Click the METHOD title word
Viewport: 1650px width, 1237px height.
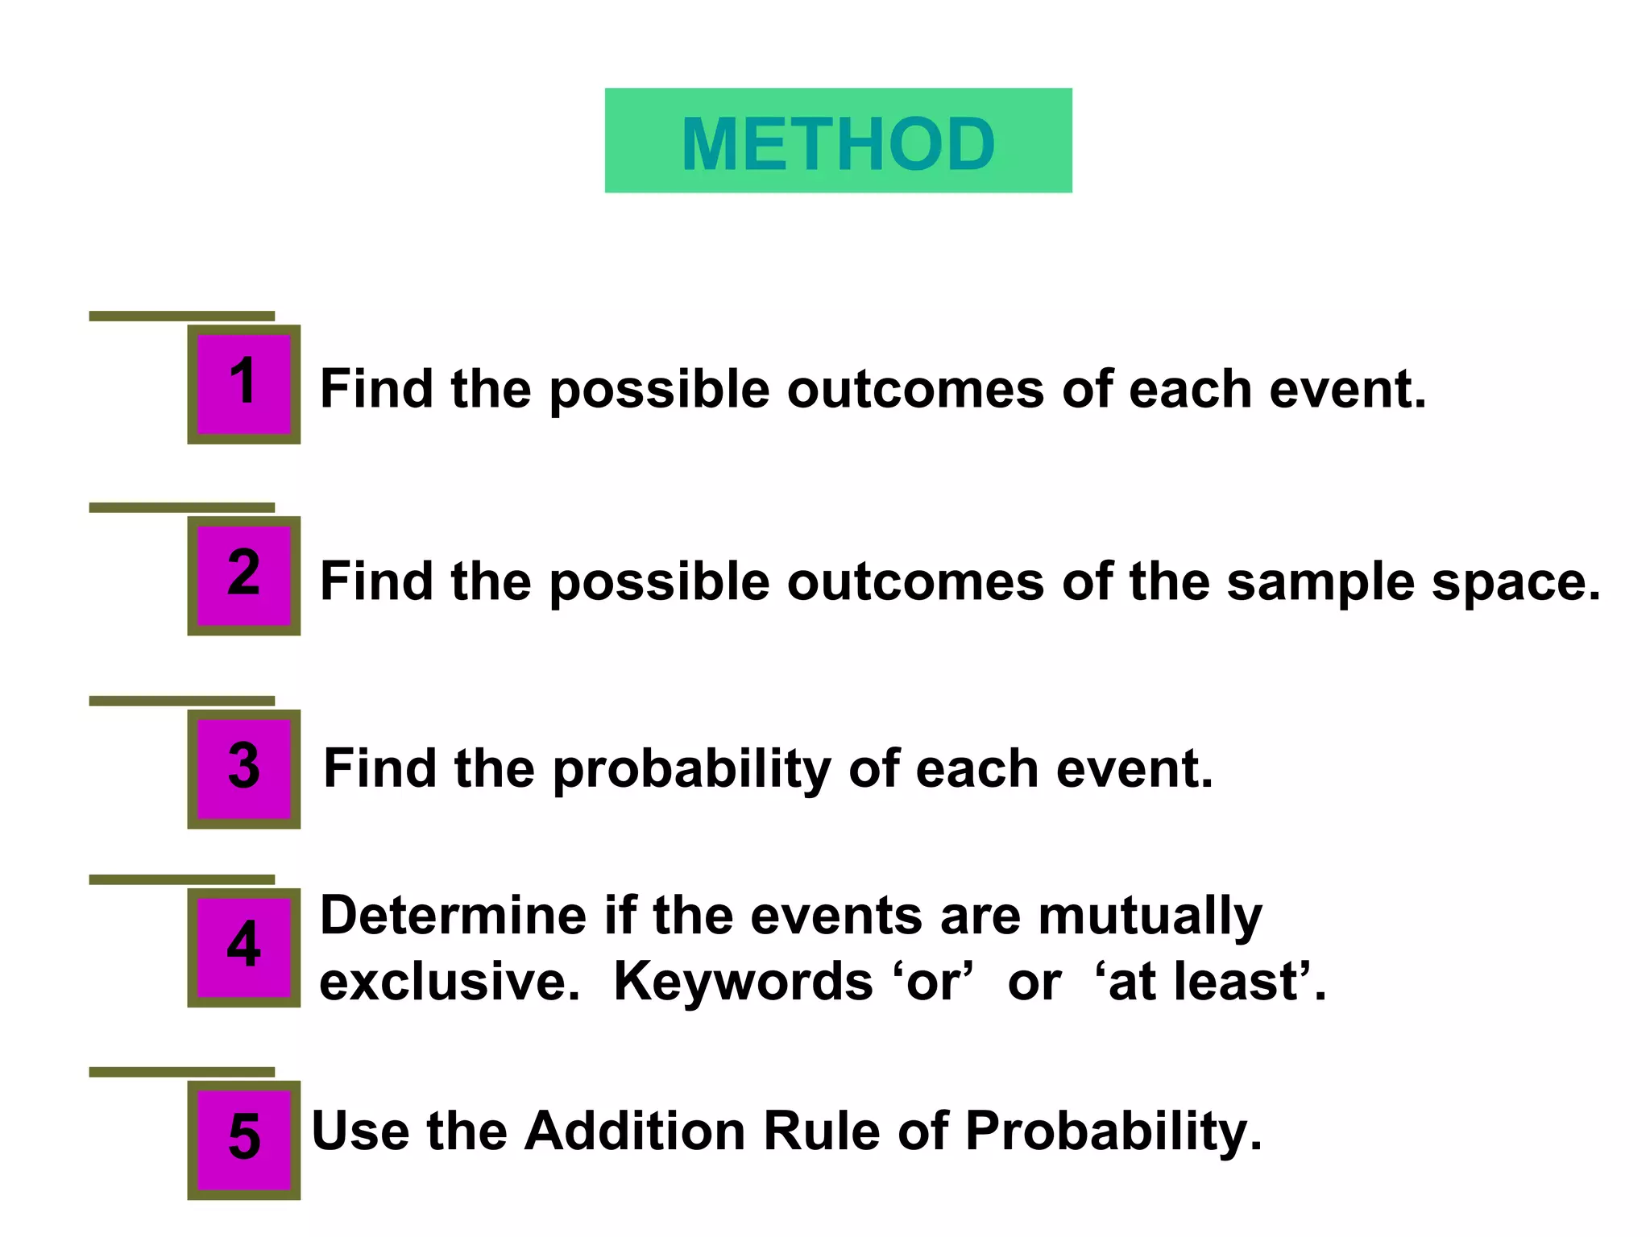point(838,143)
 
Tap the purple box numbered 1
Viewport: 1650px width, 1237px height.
point(243,384)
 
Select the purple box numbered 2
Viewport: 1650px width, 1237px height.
point(243,576)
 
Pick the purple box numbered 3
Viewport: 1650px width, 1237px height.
point(243,769)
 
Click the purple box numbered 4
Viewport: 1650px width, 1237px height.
point(243,947)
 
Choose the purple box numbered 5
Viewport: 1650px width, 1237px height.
point(243,1140)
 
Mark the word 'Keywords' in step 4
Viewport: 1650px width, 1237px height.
point(743,983)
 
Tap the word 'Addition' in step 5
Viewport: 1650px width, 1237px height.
point(635,1131)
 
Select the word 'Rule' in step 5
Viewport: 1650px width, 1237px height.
point(822,1131)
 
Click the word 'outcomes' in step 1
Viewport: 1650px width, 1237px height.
point(915,390)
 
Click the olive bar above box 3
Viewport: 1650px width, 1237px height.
point(181,701)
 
